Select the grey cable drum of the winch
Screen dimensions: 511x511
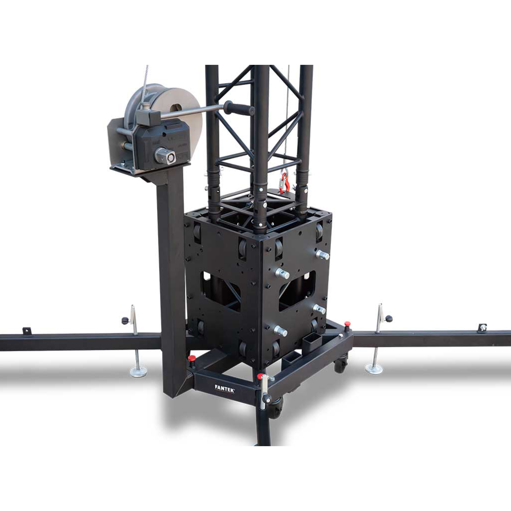click(166, 118)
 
